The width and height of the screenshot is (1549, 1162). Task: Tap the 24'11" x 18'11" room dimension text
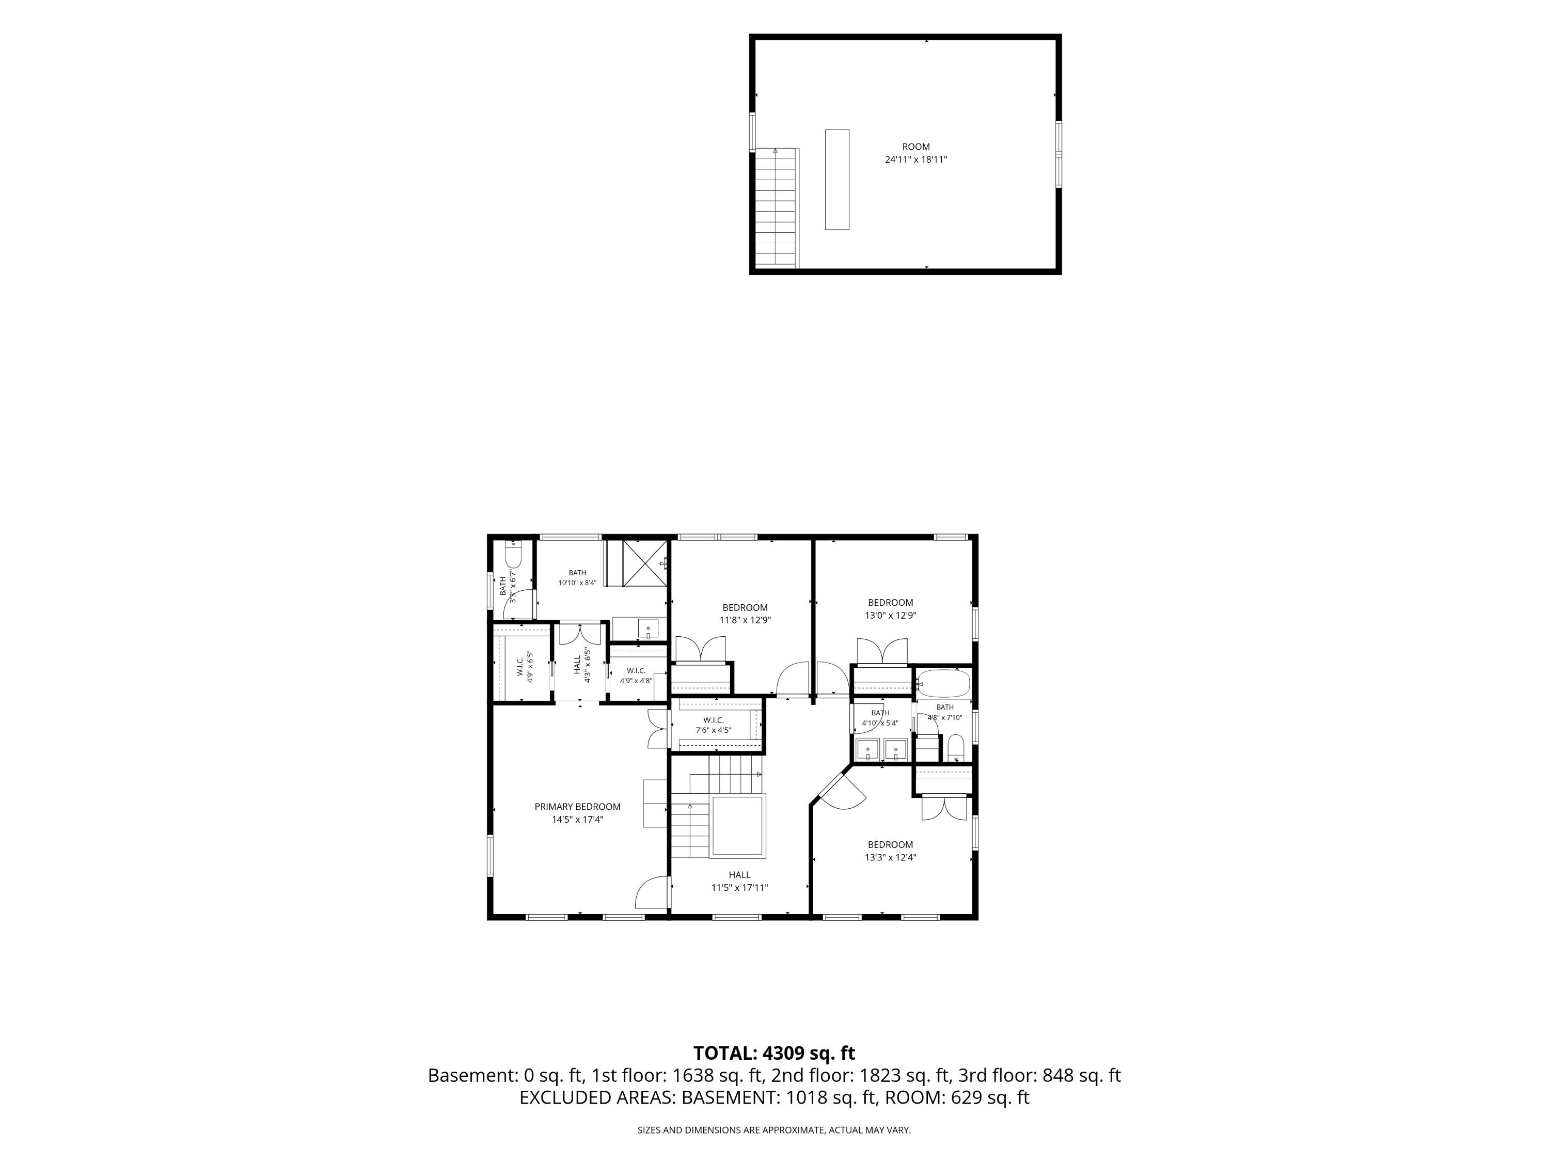pos(916,160)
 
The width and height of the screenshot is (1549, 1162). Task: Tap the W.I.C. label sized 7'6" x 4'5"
pos(714,725)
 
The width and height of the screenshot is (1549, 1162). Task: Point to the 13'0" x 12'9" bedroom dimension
pos(891,616)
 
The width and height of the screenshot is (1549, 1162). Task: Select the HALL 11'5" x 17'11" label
pos(739,881)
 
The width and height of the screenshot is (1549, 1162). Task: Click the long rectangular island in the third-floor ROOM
pos(837,179)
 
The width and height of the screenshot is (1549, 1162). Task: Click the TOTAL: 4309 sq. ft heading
pos(774,1054)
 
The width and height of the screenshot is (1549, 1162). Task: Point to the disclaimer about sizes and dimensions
pos(774,1130)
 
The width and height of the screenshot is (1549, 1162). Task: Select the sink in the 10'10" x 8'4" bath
pos(649,629)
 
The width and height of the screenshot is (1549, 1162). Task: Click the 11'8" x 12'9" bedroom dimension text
pos(745,620)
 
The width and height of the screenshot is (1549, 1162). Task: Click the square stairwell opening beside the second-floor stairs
pos(737,826)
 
